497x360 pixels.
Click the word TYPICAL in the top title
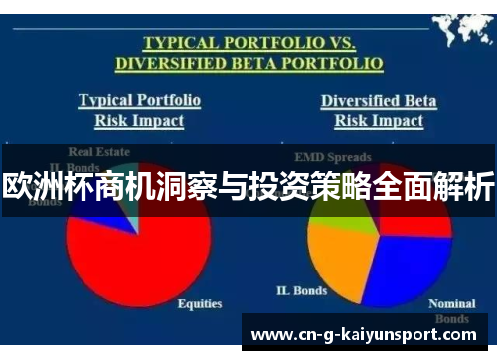coord(179,43)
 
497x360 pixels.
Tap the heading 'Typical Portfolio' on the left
coord(139,100)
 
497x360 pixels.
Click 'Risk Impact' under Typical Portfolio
coord(139,120)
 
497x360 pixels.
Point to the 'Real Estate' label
coord(98,152)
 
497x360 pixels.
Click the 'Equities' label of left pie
coord(199,303)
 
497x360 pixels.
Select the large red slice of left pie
coord(159,259)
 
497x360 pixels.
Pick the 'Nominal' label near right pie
coord(451,303)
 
